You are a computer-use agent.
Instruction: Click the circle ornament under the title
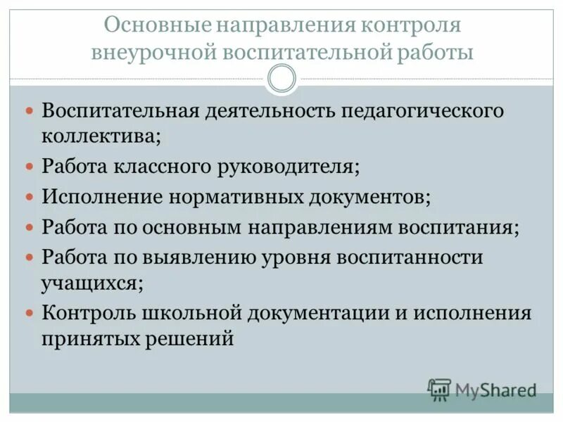(281, 79)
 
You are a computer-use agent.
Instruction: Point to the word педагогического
(423, 112)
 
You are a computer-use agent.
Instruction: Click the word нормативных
(235, 197)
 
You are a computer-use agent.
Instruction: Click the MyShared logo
(482, 389)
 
